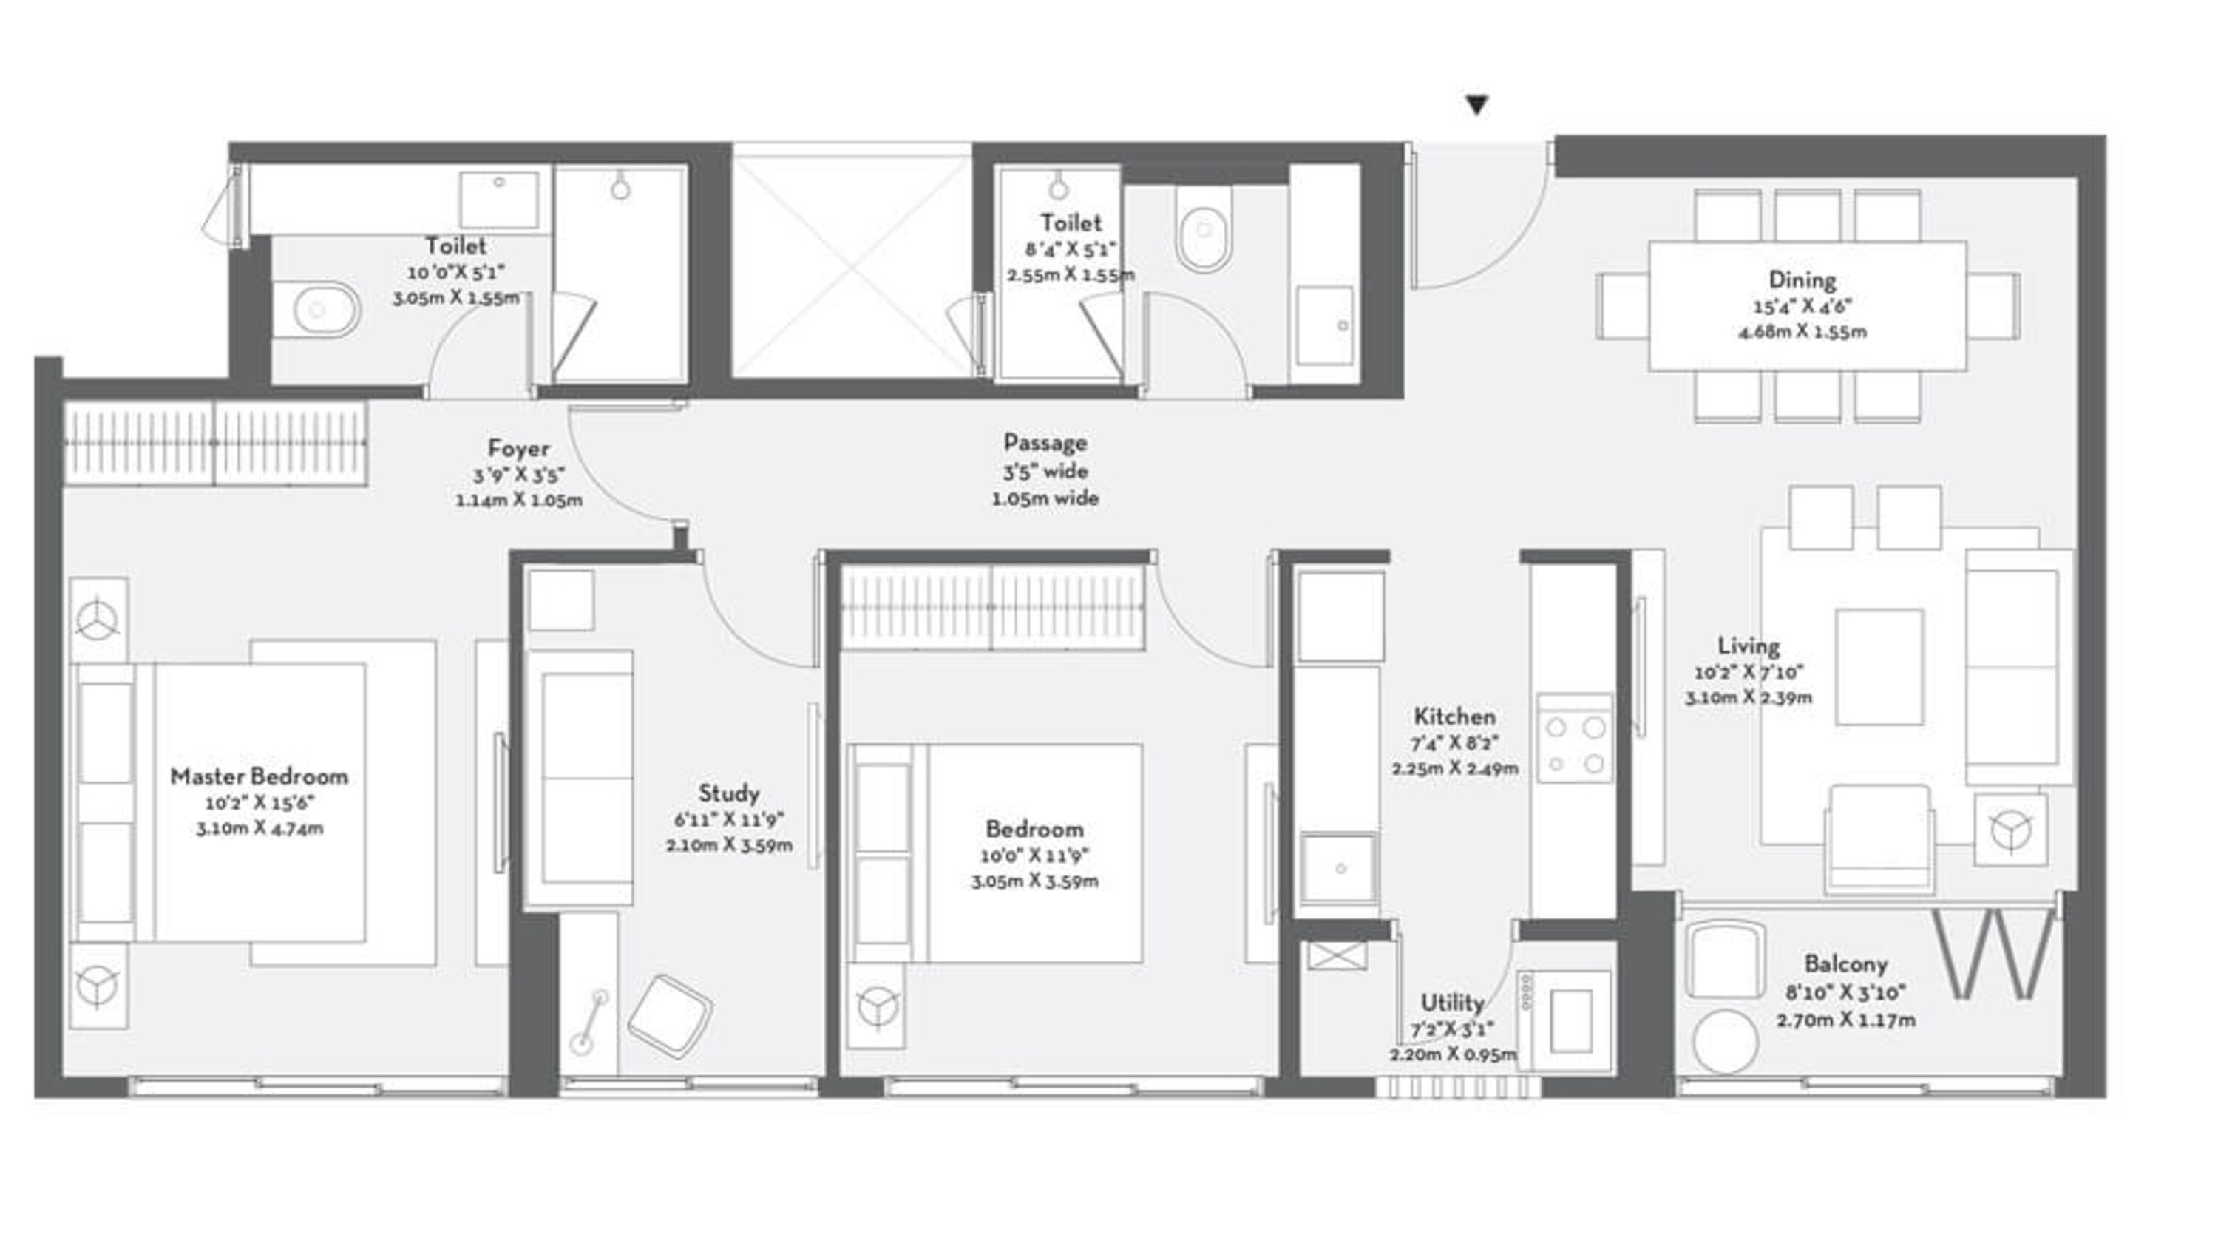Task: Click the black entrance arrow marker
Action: pyautogui.click(x=1476, y=105)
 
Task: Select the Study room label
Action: pyautogui.click(x=728, y=793)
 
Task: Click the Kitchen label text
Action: pyautogui.click(x=1454, y=716)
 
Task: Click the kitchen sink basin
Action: pyautogui.click(x=1339, y=868)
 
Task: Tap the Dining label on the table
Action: pyautogui.click(x=1802, y=279)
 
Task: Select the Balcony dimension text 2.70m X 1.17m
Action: pyautogui.click(x=1845, y=1020)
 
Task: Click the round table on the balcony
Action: pyautogui.click(x=1725, y=1042)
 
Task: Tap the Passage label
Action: pyautogui.click(x=1045, y=443)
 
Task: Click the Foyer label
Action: pyautogui.click(x=518, y=449)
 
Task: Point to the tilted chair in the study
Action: pyautogui.click(x=670, y=1017)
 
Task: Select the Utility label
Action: pyautogui.click(x=1452, y=1003)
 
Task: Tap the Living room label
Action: pyautogui.click(x=1748, y=646)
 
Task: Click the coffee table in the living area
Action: pyautogui.click(x=1879, y=668)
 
